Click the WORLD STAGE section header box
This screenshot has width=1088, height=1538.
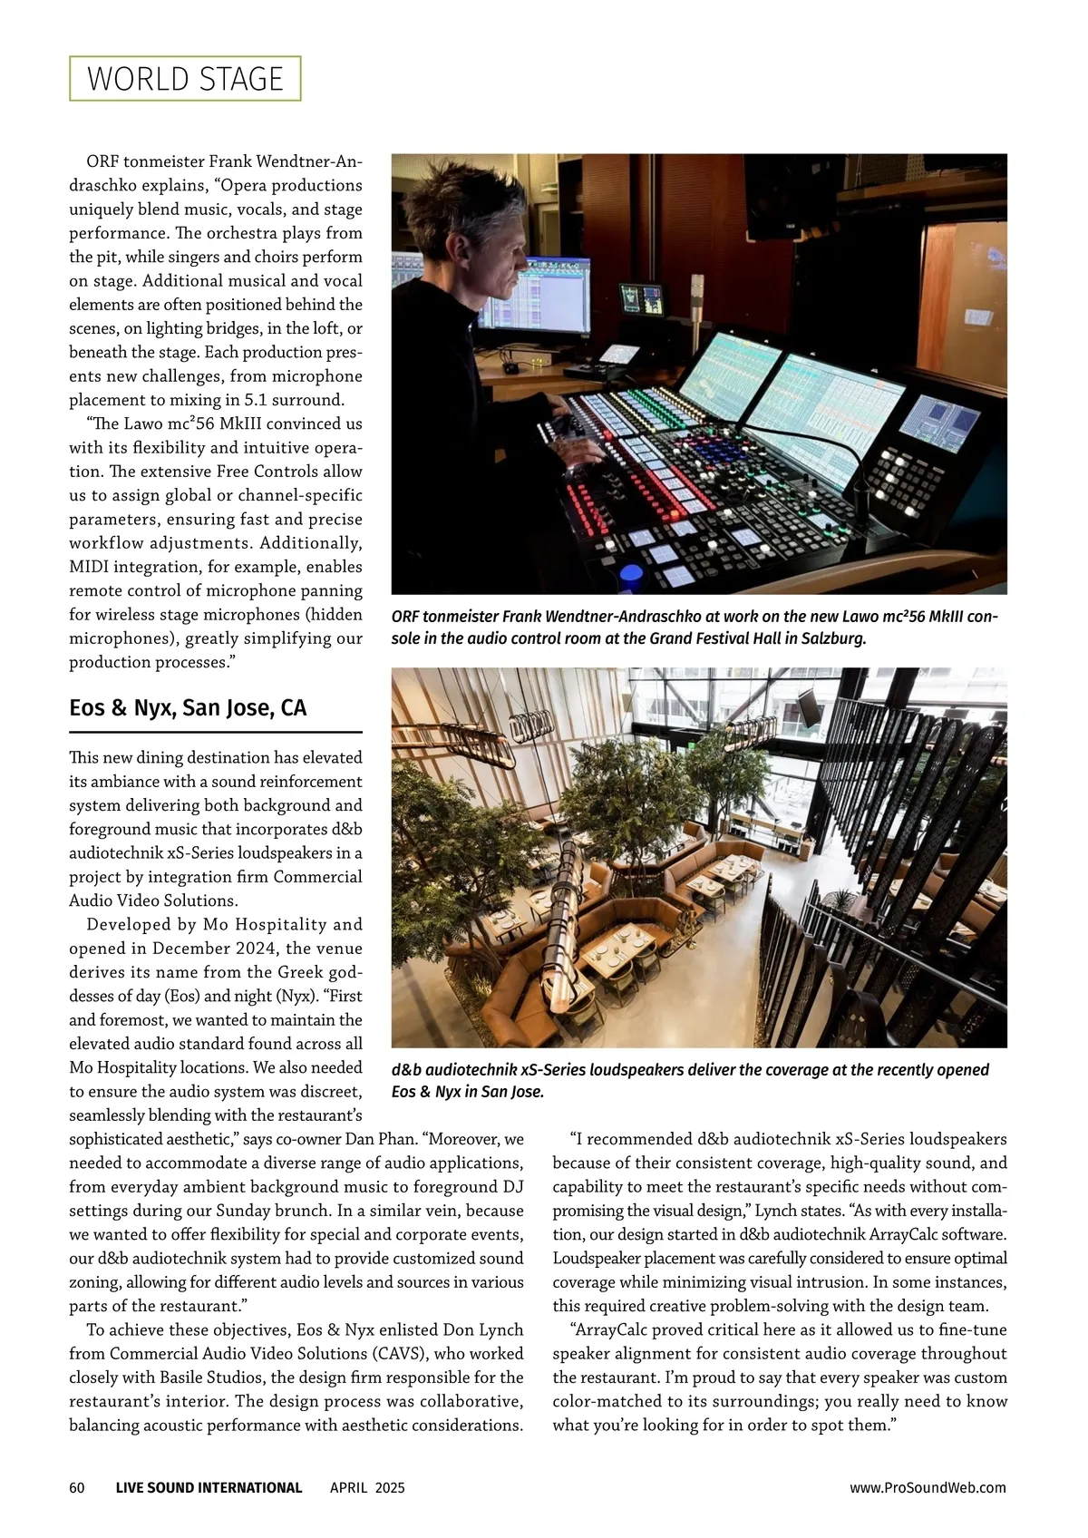[185, 79]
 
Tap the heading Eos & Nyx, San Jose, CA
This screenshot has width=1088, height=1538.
[188, 707]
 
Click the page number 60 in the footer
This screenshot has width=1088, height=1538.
[77, 1487]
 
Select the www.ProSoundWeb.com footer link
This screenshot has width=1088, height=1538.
[928, 1487]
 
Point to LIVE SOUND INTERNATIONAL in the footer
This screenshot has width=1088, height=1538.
[209, 1487]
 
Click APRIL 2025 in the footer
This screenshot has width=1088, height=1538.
[367, 1487]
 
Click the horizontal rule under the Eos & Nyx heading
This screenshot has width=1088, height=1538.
[216, 732]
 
